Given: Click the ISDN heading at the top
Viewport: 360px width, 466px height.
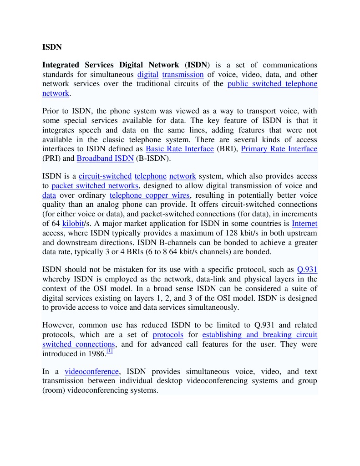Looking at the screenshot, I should click(52, 47).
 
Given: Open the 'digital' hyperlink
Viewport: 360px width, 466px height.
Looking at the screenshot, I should click(147, 75).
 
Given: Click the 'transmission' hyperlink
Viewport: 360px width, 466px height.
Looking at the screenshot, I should click(183, 75).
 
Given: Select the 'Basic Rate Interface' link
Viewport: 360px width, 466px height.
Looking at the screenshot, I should click(179, 149).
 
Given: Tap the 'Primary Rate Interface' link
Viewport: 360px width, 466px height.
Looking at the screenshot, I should click(279, 149).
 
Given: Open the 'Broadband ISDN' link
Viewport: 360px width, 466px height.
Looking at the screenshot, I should click(105, 159).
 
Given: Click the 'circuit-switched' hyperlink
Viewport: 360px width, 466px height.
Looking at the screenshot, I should click(105, 176).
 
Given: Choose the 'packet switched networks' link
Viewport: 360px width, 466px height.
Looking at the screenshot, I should click(95, 186).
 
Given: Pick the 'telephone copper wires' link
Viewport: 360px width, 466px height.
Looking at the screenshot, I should click(149, 195).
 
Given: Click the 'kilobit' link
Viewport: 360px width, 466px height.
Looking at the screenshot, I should click(73, 223).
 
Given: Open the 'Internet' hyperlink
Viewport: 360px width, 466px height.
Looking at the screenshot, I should click(304, 223).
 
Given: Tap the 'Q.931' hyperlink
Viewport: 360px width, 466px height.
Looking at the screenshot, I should click(307, 270).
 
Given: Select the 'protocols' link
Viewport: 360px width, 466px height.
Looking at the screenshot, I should click(168, 335).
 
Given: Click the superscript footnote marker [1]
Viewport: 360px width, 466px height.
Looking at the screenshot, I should click(109, 351).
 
